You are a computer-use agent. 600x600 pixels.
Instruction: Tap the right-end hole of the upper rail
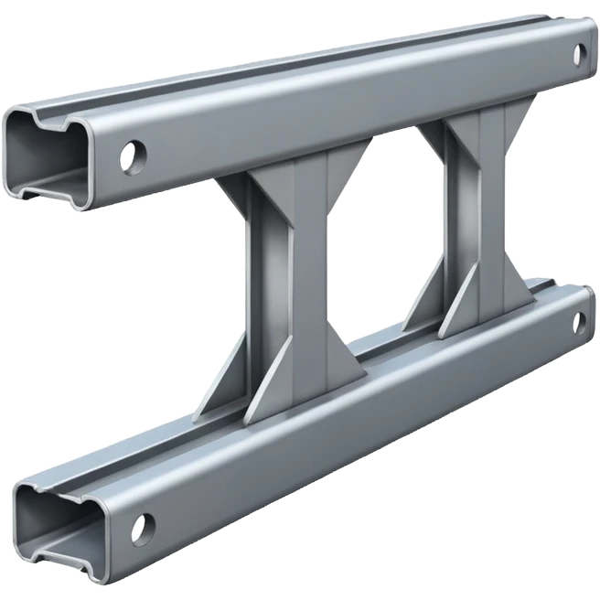click(x=579, y=54)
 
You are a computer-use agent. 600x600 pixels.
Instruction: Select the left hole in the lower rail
click(x=141, y=528)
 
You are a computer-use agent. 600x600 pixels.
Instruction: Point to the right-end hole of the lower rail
click(x=579, y=322)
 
